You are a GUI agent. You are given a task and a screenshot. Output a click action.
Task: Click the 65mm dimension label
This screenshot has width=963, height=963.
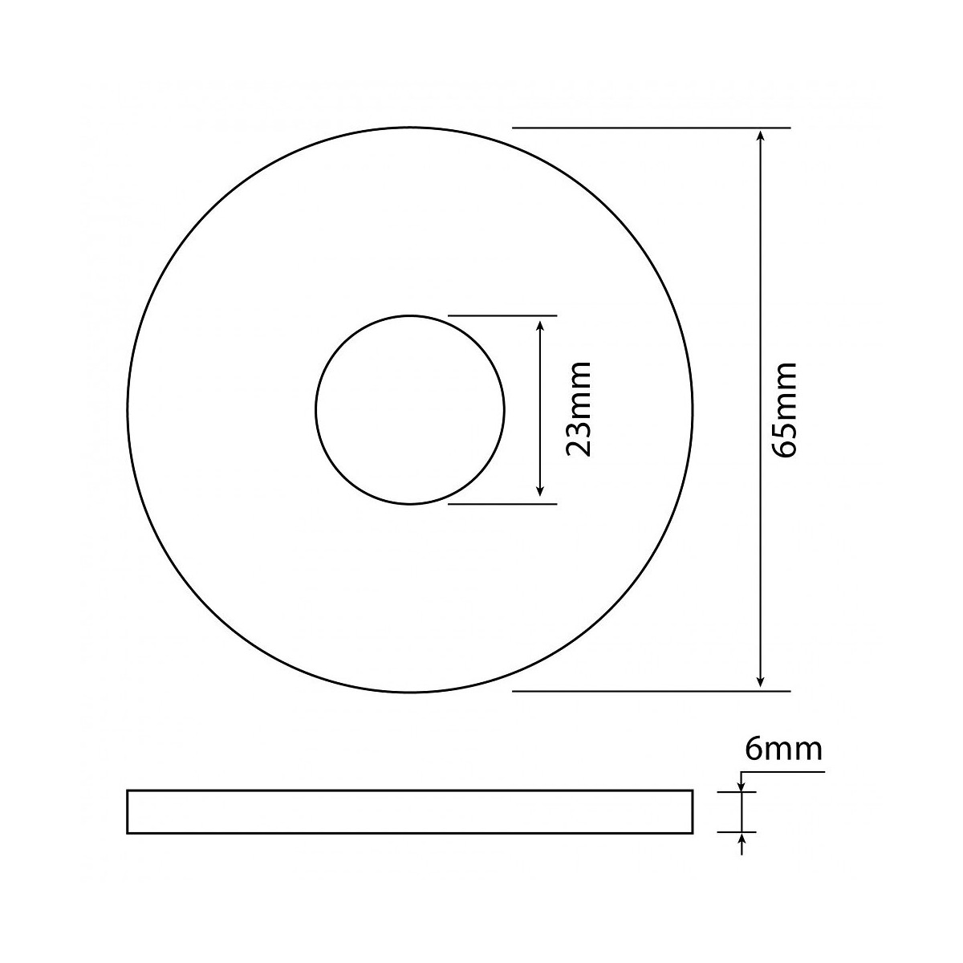tap(783, 410)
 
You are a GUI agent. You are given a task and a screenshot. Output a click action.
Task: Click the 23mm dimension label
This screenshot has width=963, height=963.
tap(578, 408)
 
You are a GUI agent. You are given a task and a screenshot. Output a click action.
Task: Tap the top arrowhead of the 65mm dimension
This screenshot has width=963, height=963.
tap(760, 137)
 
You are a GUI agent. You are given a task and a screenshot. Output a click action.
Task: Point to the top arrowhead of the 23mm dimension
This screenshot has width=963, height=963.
tap(540, 325)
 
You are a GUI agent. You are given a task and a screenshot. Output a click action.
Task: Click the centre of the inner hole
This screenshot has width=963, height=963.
tap(410, 410)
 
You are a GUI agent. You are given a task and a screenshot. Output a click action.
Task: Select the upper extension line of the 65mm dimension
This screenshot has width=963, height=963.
tap(652, 128)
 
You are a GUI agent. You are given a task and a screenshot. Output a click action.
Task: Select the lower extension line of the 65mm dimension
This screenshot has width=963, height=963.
tap(652, 691)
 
